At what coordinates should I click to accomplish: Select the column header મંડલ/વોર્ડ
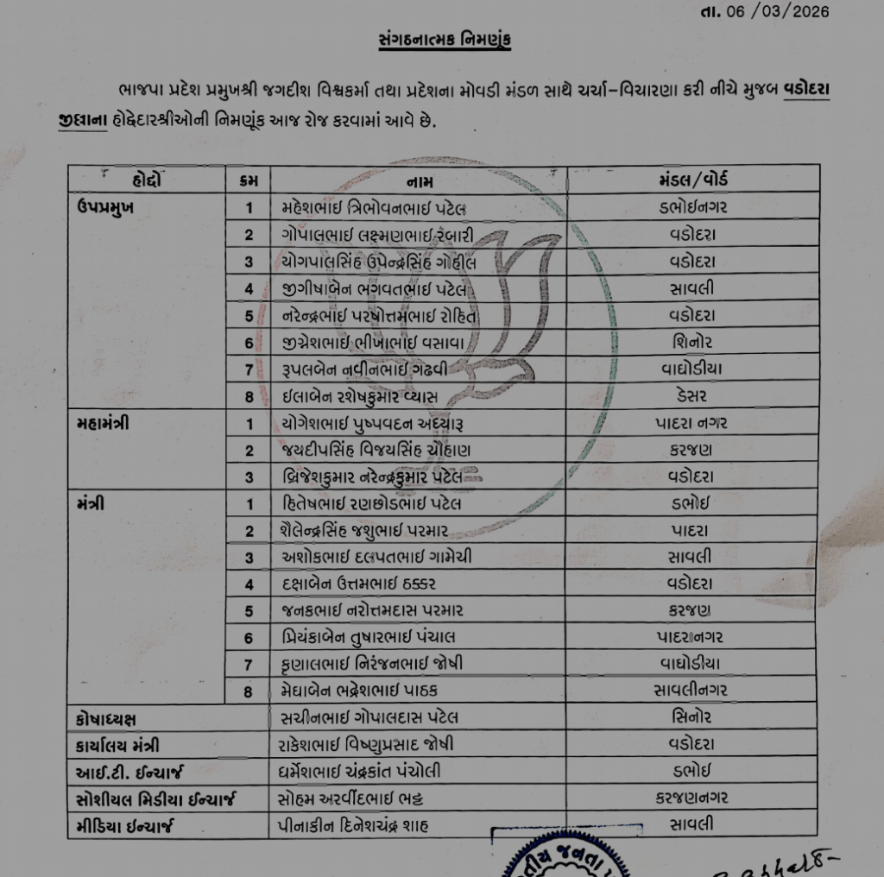click(692, 180)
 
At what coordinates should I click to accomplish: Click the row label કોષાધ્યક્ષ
click(106, 716)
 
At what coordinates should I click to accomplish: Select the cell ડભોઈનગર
click(691, 207)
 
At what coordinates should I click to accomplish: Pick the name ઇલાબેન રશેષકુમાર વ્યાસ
click(360, 396)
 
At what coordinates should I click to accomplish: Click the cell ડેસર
click(692, 396)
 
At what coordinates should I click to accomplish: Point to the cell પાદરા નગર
click(691, 423)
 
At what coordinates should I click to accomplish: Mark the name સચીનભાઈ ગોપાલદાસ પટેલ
click(369, 716)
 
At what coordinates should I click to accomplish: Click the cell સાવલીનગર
click(691, 690)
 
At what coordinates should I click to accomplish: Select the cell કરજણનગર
click(691, 798)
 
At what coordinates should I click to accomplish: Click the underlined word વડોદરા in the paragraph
click(807, 91)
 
